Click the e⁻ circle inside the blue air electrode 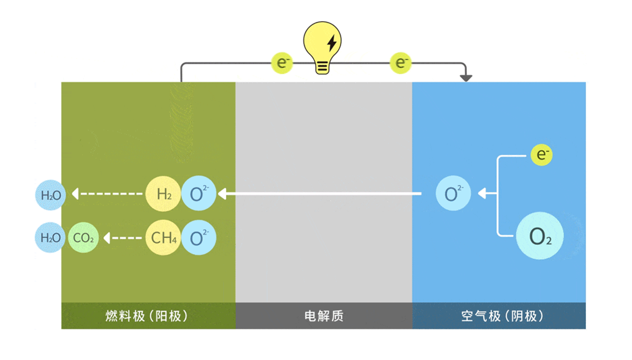point(541,155)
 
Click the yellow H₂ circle point(163,194)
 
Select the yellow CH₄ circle point(163,237)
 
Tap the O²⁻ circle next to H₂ point(199,194)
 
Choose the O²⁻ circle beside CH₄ point(199,237)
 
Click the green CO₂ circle point(83,237)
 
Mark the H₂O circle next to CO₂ point(50,237)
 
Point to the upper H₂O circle point(50,195)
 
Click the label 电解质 point(324,316)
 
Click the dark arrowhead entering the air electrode point(465,78)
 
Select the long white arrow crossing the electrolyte point(321,194)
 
